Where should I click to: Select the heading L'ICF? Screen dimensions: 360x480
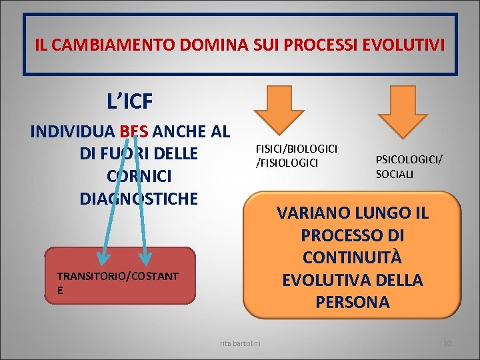130,101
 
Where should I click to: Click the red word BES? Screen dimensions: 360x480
135,131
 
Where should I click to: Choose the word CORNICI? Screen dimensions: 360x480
139,176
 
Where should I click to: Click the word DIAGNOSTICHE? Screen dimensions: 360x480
139,198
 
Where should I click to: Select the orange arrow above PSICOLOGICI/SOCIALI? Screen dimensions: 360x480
407,110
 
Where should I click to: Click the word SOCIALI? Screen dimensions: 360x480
395,174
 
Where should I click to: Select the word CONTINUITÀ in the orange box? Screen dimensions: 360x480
353,258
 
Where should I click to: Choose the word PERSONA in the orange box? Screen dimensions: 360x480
353,301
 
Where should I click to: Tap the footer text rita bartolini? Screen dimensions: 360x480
241,343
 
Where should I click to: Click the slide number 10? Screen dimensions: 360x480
447,343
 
